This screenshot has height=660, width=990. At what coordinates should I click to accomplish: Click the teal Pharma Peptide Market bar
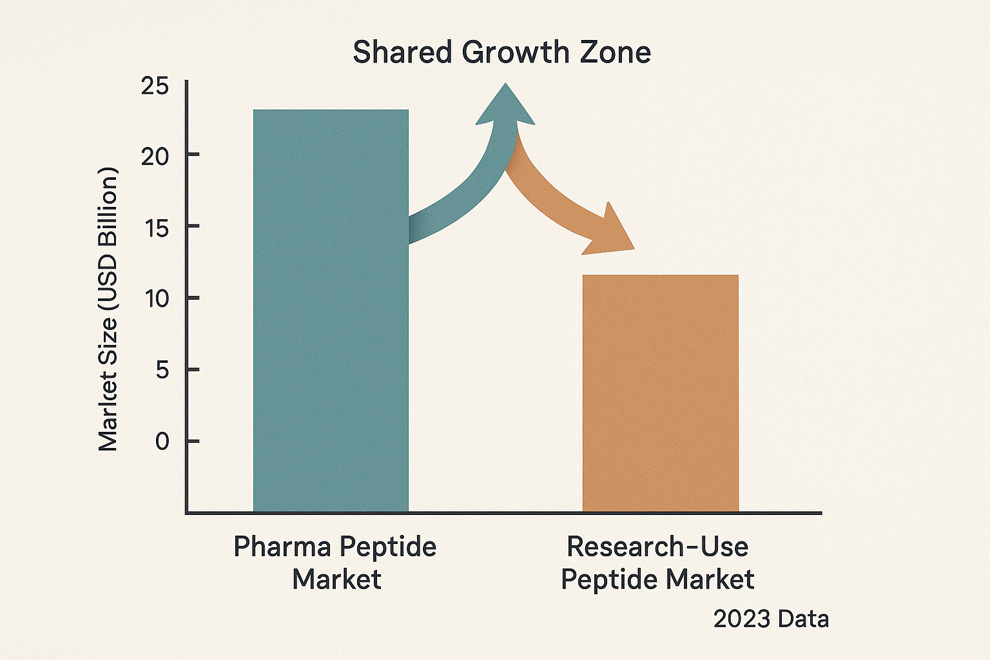[x=331, y=309]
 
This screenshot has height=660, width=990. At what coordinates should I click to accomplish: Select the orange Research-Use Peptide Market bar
[x=660, y=393]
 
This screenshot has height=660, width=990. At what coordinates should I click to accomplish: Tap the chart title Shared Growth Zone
[x=501, y=52]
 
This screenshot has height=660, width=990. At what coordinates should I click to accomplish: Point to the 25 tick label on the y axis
[x=155, y=86]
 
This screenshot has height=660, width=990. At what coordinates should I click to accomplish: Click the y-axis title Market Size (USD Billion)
[x=108, y=309]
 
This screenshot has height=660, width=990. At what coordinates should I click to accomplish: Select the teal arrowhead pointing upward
[x=506, y=106]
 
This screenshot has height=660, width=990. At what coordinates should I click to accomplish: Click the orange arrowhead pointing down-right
[x=609, y=233]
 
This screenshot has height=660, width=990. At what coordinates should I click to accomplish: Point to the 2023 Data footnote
[x=771, y=619]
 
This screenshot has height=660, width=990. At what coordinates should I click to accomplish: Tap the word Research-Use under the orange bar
[x=657, y=547]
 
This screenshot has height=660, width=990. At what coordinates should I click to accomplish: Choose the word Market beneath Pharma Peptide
[x=336, y=579]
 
